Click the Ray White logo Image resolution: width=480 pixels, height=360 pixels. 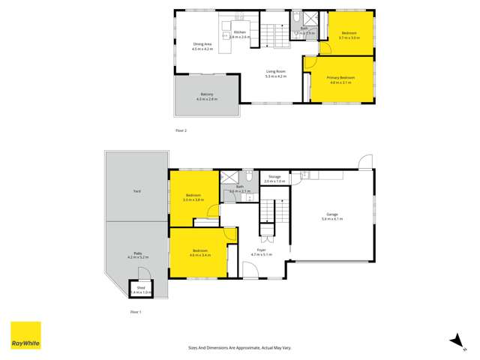25,335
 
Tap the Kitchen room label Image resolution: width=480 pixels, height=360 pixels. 240,32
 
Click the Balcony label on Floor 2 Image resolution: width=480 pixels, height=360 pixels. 205,94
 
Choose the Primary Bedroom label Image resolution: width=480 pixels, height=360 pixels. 340,77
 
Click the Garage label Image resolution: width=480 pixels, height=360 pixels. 331,214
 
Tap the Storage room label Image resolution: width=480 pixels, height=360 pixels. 275,177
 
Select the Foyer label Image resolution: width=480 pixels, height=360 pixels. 262,250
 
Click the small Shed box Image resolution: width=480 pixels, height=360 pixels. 140,287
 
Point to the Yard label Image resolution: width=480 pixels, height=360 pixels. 137,191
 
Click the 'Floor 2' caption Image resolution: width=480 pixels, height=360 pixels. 180,130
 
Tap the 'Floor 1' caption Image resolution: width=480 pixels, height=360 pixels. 136,310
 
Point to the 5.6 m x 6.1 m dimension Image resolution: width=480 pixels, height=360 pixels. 331,220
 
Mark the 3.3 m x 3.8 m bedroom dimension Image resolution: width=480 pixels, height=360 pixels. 193,200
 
